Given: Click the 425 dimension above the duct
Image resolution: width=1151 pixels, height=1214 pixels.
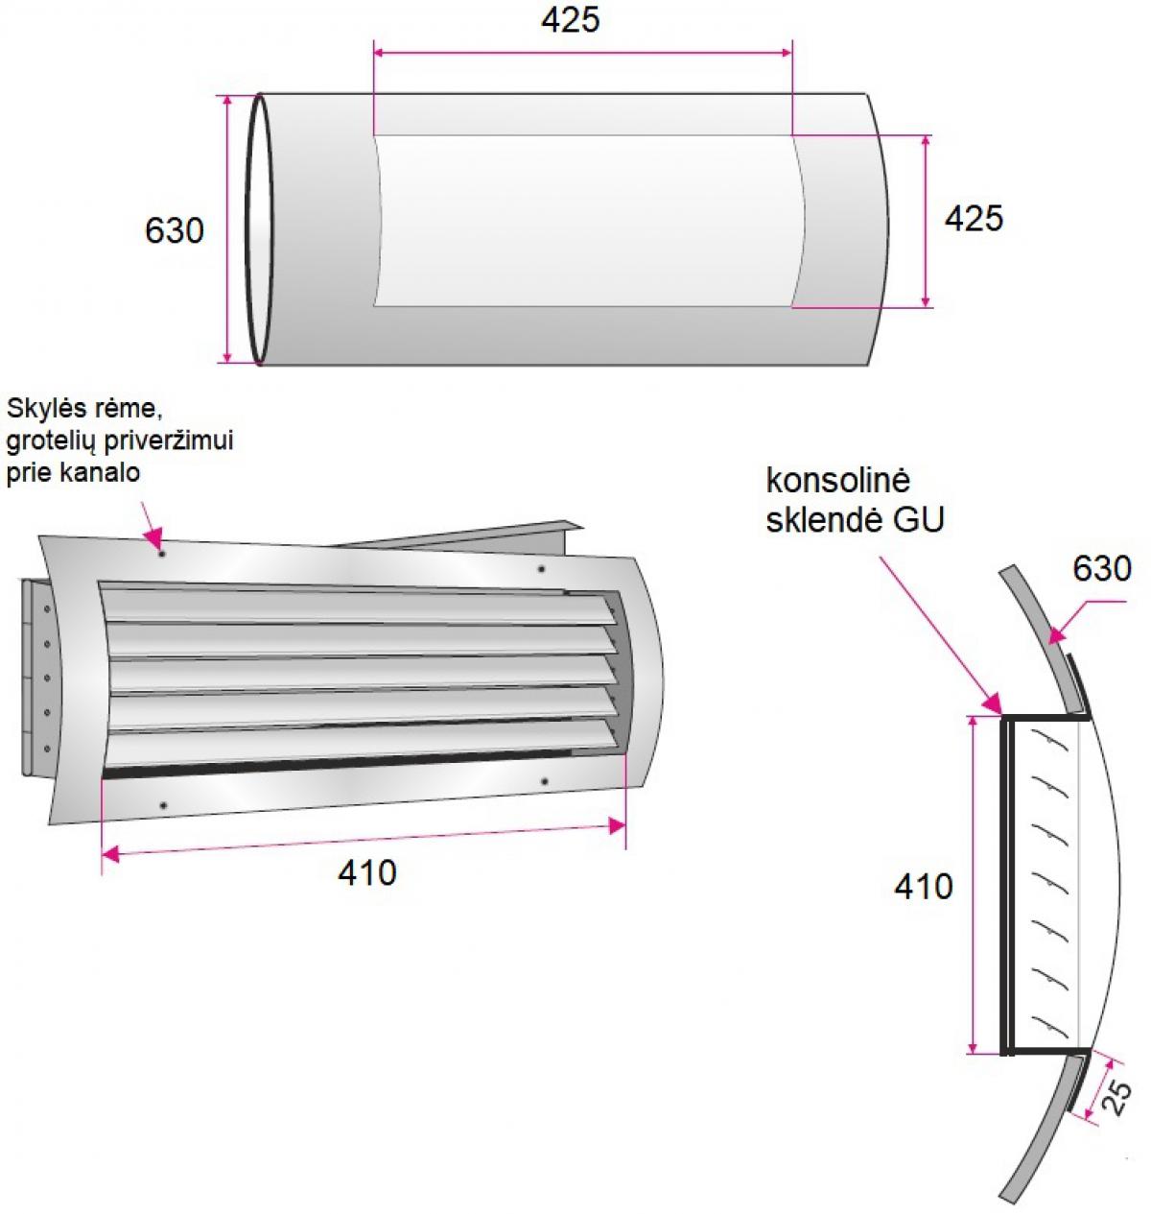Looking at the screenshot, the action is (x=571, y=20).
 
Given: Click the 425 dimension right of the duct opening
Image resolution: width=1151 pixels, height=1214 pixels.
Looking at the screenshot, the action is (x=974, y=219).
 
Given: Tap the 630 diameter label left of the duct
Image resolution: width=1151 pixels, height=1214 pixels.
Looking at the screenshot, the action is (x=174, y=231).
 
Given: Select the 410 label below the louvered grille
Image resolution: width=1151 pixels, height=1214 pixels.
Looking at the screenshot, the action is (x=366, y=873).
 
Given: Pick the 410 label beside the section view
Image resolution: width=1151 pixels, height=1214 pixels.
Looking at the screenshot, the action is (x=924, y=887).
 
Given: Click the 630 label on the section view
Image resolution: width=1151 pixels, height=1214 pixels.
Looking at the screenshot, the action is (x=1102, y=569).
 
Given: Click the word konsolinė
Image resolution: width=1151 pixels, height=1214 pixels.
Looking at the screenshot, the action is (x=837, y=481).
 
